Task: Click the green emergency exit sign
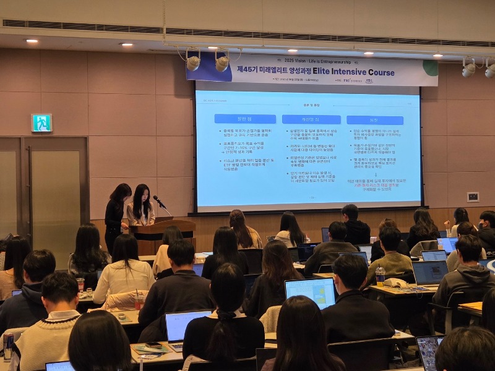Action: (x=41, y=123)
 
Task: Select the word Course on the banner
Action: (x=390, y=72)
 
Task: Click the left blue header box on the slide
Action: (x=245, y=119)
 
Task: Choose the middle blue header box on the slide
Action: (x=311, y=119)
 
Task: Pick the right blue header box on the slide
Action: (x=375, y=119)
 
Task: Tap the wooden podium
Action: (x=162, y=232)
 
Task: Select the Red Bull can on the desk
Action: (x=8, y=347)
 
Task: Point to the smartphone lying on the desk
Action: (x=153, y=345)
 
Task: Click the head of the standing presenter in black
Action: (x=121, y=192)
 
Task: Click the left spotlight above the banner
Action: (x=193, y=62)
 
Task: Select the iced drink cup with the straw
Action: (x=139, y=301)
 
